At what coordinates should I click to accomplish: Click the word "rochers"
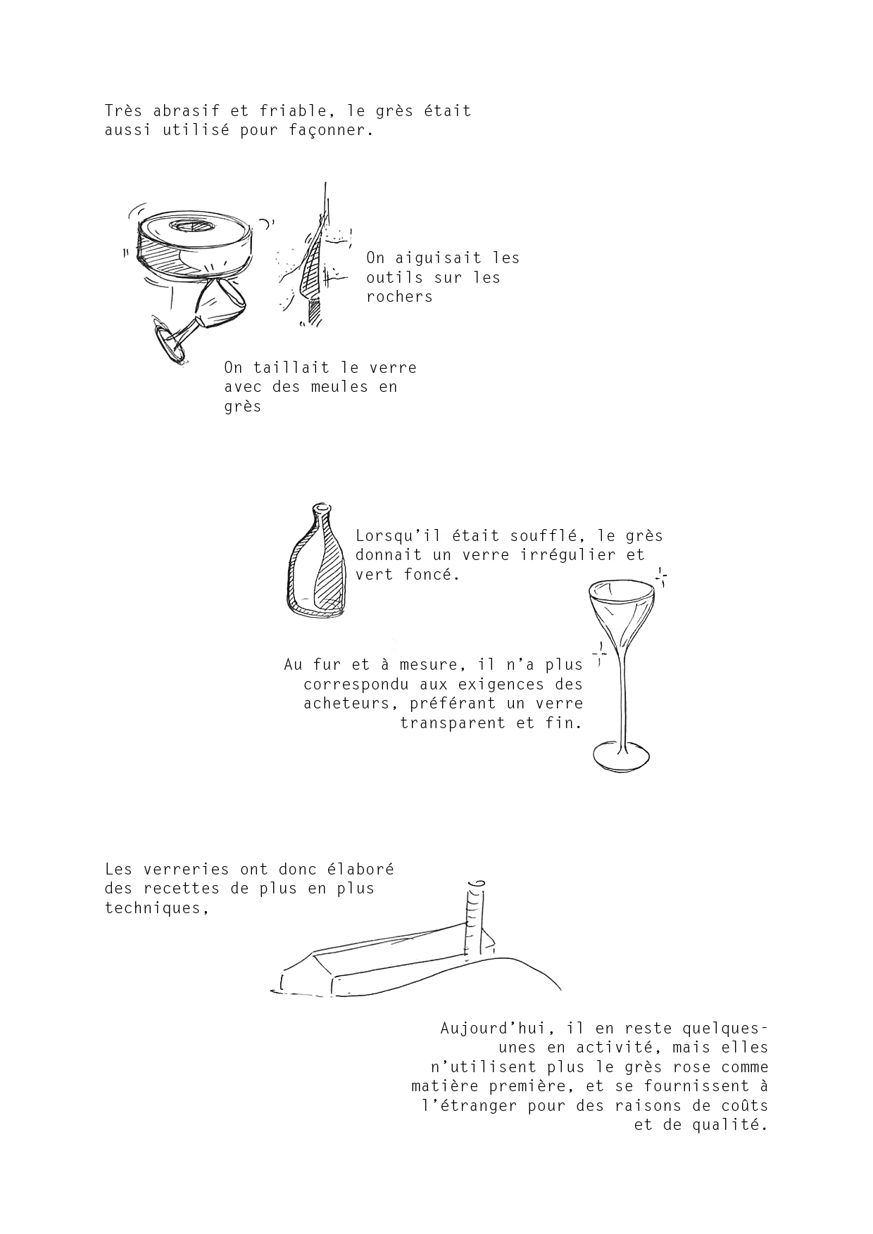[399, 297]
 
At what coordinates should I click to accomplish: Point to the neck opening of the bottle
[321, 507]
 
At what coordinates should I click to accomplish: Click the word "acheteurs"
[346, 704]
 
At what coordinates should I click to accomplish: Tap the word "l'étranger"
[469, 1106]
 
